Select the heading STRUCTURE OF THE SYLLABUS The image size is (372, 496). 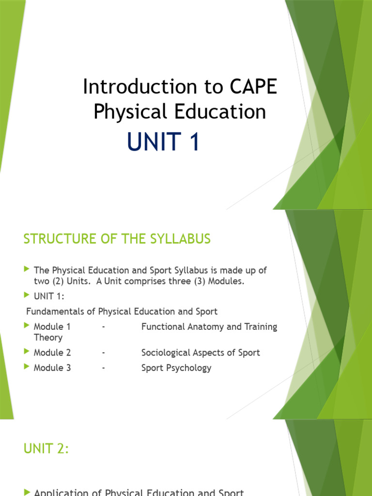(117, 239)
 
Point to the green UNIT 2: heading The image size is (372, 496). (46, 449)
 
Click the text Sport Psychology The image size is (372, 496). (176, 368)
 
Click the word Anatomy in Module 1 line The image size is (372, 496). (199, 327)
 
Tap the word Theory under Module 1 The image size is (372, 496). (48, 338)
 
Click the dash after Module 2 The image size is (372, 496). (104, 353)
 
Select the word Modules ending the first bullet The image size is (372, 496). (227, 281)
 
